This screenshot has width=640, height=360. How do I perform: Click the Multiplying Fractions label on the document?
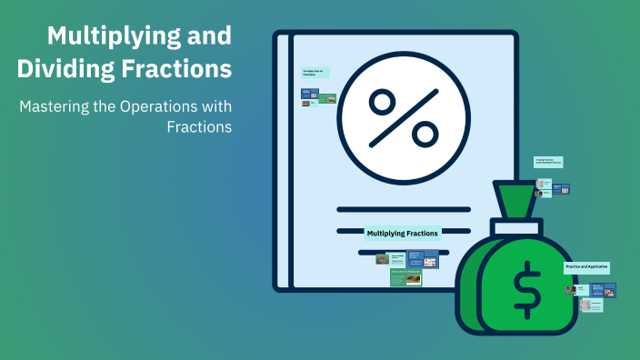pos(402,234)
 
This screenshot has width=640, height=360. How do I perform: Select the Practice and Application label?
pos(586,267)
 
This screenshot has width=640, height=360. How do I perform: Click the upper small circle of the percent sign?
pos(382,101)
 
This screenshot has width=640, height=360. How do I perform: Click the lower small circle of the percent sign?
pos(425,135)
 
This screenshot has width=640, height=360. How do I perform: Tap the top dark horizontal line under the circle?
pos(403,207)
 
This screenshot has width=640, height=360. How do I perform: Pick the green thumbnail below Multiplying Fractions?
pos(405,278)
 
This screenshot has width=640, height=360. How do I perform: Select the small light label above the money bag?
pos(549,162)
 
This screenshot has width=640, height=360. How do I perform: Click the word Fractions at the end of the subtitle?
pos(199,127)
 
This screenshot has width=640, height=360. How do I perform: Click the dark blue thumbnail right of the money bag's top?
pos(562,189)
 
